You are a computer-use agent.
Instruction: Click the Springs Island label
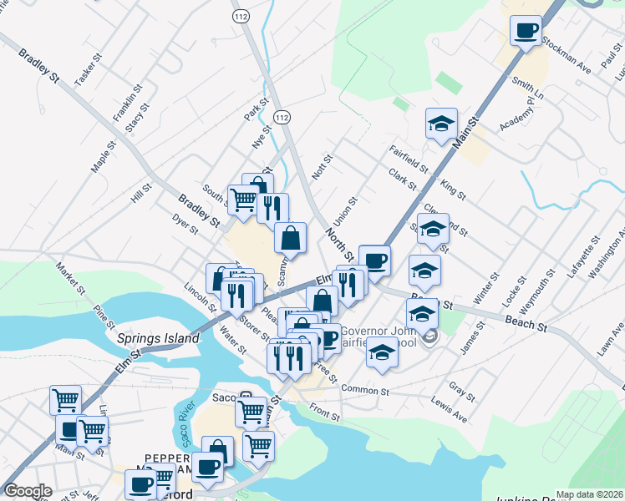point(158,339)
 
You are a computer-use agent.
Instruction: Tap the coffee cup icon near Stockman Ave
point(526,33)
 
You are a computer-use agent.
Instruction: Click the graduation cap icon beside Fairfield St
point(440,125)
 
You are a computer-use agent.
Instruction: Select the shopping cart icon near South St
point(243,200)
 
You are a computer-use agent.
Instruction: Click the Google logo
point(28,491)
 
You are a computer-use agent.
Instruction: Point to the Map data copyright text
point(588,494)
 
